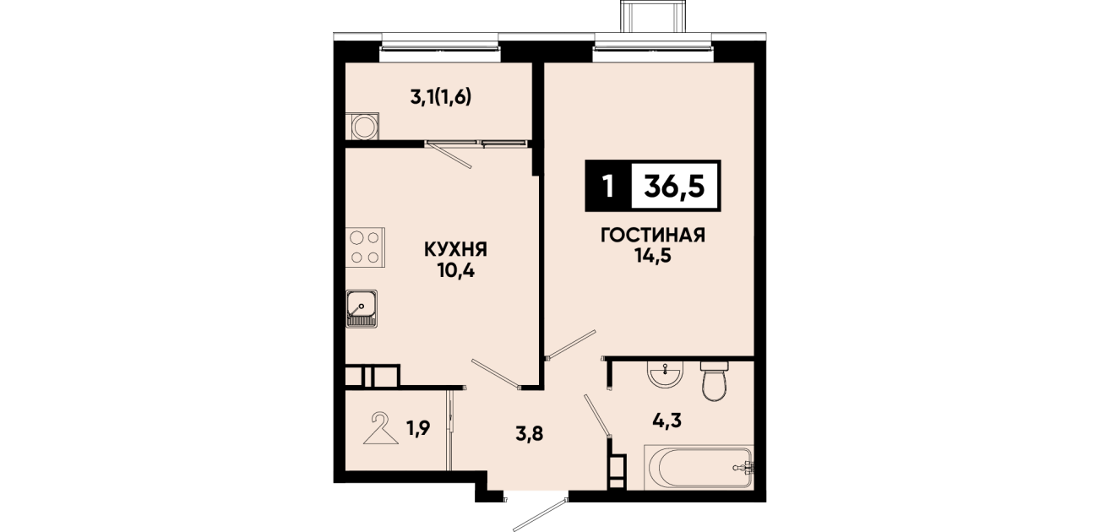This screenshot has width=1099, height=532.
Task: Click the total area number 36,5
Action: [x=674, y=187]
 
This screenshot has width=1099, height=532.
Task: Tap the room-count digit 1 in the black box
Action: [x=608, y=187]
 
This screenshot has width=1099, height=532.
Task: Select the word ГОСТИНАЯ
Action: [x=653, y=236]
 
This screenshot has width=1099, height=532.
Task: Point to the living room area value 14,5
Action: [x=653, y=256]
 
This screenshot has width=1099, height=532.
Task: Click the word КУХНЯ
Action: [x=456, y=250]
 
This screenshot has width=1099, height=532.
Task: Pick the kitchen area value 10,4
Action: [x=456, y=271]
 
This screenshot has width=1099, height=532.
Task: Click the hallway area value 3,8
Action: [x=530, y=434]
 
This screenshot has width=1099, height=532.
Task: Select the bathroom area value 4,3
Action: [x=667, y=421]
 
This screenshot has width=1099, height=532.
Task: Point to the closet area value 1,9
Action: [x=418, y=428]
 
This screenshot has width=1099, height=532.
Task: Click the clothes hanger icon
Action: [x=381, y=428]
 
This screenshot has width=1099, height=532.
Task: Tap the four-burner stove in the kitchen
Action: [x=365, y=247]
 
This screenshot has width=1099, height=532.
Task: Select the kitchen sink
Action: [x=362, y=308]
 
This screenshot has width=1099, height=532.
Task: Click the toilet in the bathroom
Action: [x=715, y=381]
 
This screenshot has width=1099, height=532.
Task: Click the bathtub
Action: [x=698, y=467]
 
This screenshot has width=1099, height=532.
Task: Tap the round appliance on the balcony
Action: [x=362, y=127]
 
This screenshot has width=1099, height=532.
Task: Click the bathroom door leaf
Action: [x=597, y=415]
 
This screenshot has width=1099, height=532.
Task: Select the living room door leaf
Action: [x=570, y=345]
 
